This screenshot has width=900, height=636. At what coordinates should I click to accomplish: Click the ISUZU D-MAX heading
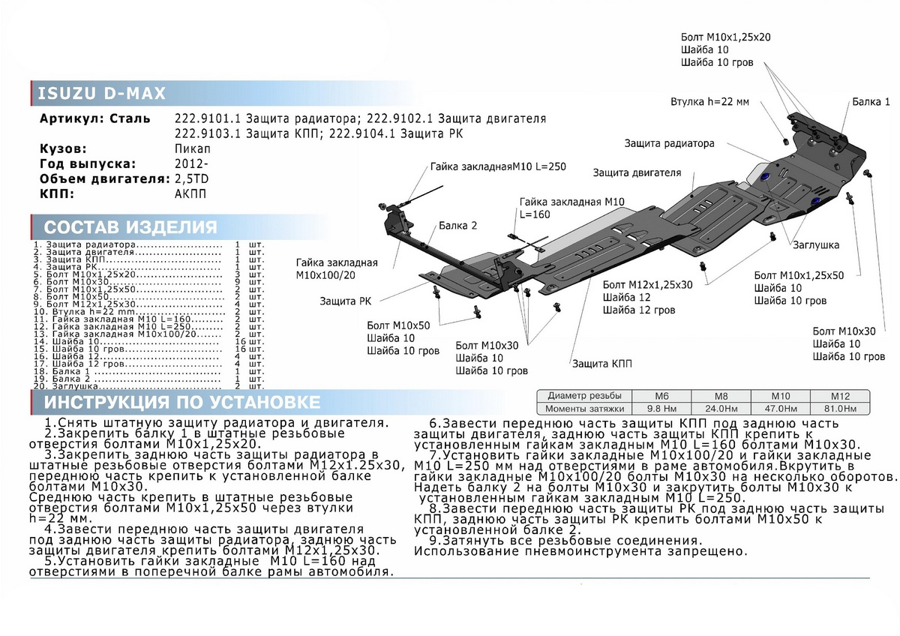101,94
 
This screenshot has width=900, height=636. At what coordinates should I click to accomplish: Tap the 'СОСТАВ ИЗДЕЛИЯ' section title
131,228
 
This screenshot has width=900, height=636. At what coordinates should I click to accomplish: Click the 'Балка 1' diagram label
871,102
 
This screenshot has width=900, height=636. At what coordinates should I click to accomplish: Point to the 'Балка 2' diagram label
458,225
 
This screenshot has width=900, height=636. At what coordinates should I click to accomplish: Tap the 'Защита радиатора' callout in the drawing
668,143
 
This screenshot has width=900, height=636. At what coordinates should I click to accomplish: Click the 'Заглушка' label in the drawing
815,245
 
